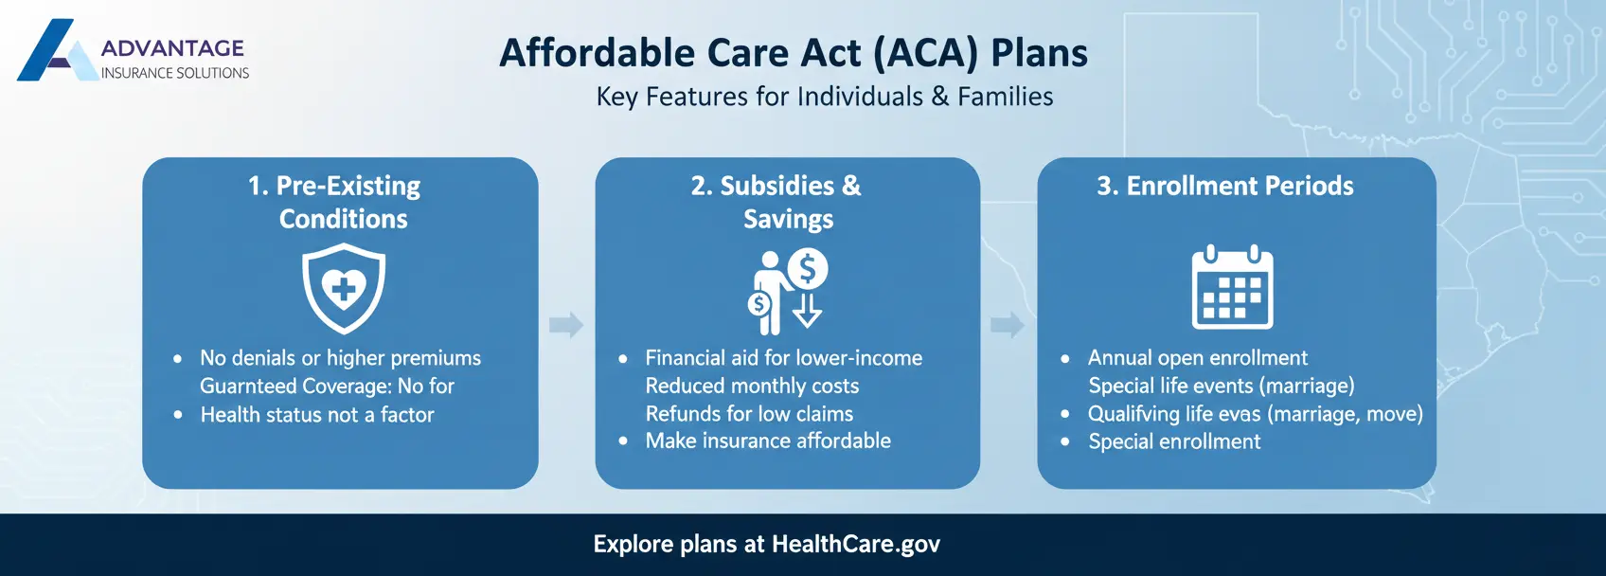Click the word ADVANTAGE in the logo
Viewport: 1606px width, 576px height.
pyautogui.click(x=172, y=48)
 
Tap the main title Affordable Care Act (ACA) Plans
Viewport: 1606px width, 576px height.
pyautogui.click(x=794, y=53)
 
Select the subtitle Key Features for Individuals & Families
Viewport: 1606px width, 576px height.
pyautogui.click(x=824, y=97)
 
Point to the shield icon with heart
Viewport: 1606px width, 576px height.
pyautogui.click(x=344, y=288)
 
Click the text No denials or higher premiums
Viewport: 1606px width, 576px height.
pyautogui.click(x=340, y=358)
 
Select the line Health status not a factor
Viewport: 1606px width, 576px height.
pyautogui.click(x=317, y=415)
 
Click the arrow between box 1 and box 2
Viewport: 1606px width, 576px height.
pyautogui.click(x=566, y=325)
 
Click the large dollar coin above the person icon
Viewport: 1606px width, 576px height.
pyautogui.click(x=808, y=269)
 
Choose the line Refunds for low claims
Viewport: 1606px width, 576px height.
pyautogui.click(x=749, y=414)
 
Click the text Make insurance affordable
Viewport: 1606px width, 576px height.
pyautogui.click(x=768, y=441)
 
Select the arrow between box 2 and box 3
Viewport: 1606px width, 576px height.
pyautogui.click(x=1008, y=325)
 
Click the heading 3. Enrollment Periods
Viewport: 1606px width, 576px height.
pyautogui.click(x=1224, y=186)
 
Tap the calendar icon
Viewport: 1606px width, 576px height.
pyautogui.click(x=1232, y=288)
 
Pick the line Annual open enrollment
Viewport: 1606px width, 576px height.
pyautogui.click(x=1197, y=358)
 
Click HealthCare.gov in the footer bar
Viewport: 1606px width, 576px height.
pyautogui.click(x=855, y=544)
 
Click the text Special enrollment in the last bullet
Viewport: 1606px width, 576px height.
pyautogui.click(x=1174, y=441)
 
